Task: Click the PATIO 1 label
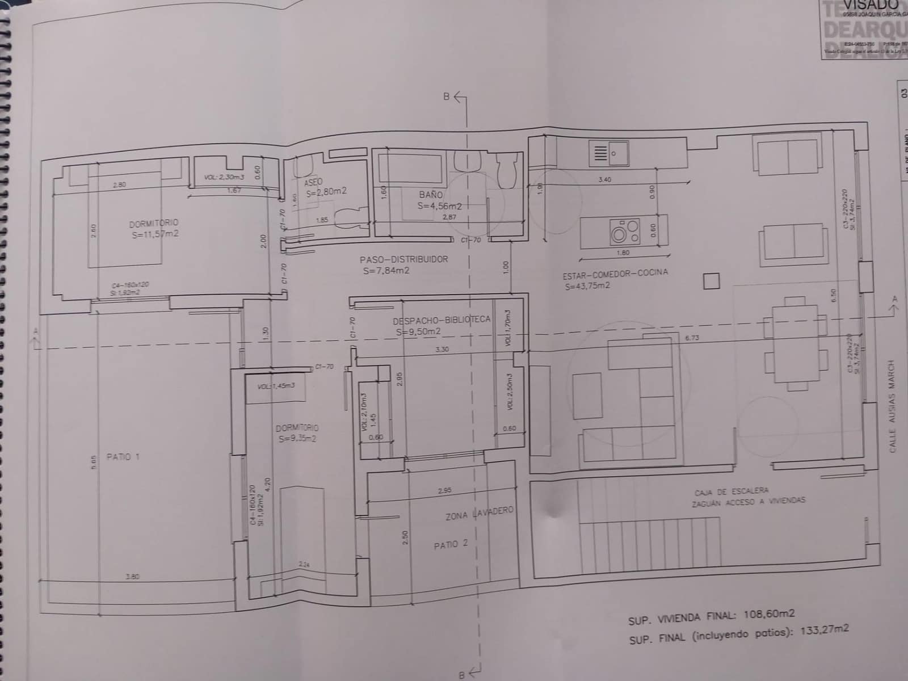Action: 123,457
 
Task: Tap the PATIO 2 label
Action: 450,544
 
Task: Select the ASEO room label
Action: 313,183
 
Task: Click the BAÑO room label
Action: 431,195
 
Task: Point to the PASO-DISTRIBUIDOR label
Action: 403,259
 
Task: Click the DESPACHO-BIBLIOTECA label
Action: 441,320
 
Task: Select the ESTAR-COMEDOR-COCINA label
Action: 615,274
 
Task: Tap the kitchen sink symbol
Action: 608,153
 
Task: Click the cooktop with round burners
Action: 625,232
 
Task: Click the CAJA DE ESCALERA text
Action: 732,490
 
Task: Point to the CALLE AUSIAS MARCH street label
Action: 892,406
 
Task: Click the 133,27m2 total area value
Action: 825,630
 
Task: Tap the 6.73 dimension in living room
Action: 692,338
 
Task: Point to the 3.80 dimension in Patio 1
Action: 132,577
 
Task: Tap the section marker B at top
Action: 447,96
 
